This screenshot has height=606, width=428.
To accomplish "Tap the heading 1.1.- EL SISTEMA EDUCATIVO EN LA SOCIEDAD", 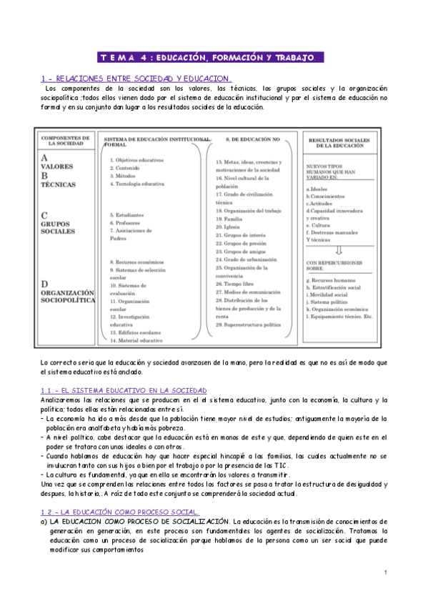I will [x=124, y=391].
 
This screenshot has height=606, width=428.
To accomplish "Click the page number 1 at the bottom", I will [x=384, y=593].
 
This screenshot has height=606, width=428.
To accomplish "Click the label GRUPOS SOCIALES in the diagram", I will [x=58, y=227].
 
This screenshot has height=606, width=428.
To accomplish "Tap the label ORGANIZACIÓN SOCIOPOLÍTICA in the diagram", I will [x=67, y=297].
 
